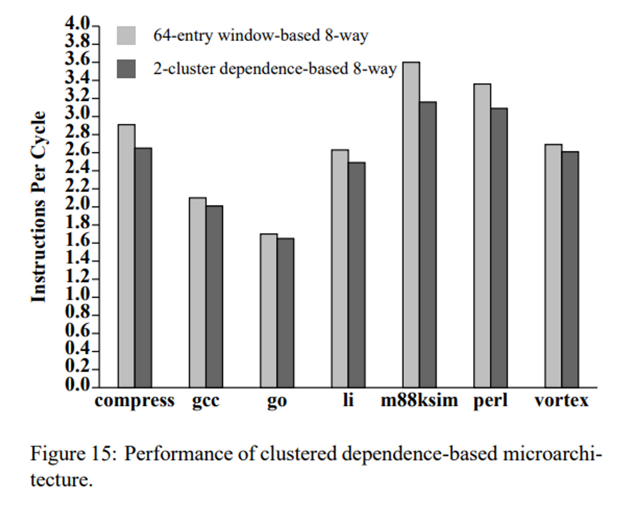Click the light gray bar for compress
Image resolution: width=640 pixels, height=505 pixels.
(126, 256)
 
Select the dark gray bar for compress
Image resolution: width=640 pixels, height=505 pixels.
(143, 267)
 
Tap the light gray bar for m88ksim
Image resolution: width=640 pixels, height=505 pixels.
(411, 224)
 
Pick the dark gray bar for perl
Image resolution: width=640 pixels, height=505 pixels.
(499, 248)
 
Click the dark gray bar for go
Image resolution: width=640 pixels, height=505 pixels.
(285, 312)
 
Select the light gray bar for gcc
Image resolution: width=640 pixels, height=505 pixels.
(197, 292)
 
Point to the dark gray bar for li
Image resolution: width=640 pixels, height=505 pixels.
(356, 275)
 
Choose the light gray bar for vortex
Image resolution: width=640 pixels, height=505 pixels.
(553, 266)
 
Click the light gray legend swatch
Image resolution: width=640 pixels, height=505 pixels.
(126, 36)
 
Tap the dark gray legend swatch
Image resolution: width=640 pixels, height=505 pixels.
(126, 69)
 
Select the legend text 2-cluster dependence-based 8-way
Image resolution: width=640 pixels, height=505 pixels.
(275, 69)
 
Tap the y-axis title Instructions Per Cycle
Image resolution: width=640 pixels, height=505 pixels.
(38, 207)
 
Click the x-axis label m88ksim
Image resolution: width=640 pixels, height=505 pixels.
(419, 401)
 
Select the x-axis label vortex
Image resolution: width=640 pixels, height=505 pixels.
(562, 401)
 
